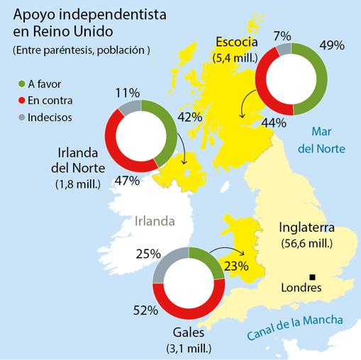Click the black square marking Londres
312,276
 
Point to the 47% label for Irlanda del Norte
126,180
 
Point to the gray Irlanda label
155,221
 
